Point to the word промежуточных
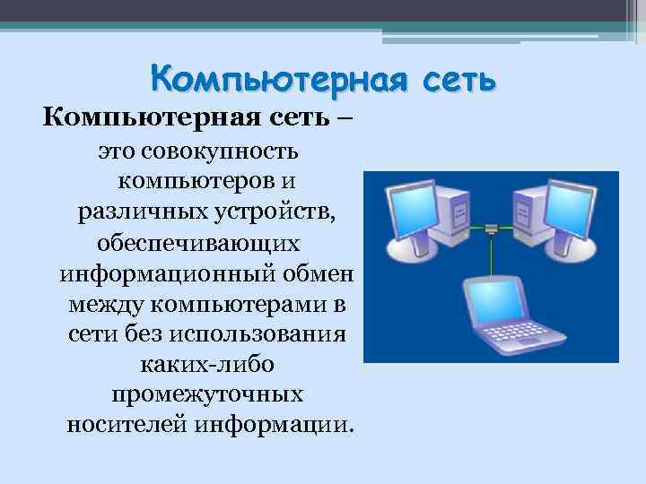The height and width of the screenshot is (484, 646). tap(207, 394)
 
